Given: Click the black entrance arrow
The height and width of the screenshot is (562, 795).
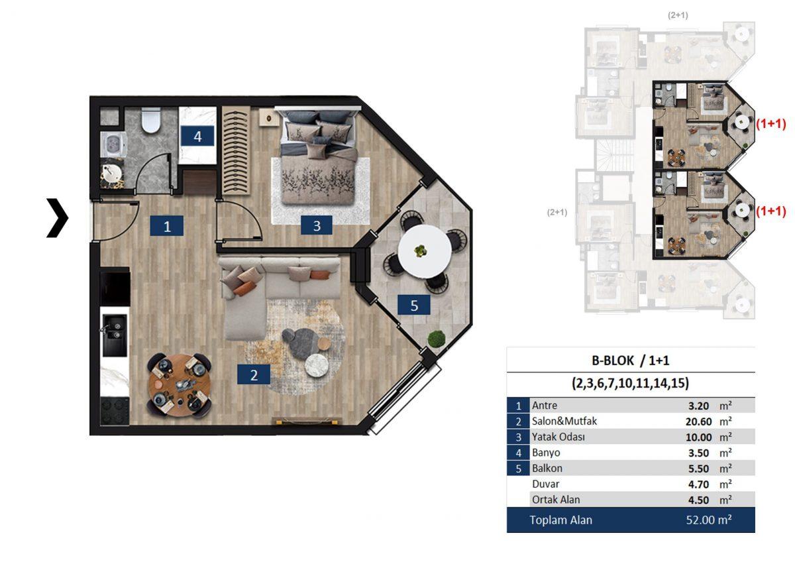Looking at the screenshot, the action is coord(58,217).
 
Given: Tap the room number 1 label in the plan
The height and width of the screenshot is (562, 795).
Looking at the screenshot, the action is coord(167,226).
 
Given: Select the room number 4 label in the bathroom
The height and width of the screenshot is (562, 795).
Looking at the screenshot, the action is coord(197,136).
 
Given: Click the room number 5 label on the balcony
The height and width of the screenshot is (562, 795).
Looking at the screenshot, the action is coord(414,305).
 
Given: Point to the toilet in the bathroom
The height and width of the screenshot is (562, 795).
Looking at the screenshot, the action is coord(151,120).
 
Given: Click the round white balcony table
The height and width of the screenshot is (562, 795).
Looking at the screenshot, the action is coord(425,251).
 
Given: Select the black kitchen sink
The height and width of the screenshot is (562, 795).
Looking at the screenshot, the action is coord(115,335).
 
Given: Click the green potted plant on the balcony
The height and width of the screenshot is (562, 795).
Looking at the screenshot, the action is coord(437,339).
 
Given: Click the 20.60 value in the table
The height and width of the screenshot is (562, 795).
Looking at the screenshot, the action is coord(698,421).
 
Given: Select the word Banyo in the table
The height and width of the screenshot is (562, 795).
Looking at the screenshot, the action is coord(546,453).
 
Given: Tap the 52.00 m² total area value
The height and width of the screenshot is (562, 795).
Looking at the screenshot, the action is coord(709,520).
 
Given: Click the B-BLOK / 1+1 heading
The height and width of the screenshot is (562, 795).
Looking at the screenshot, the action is coord(630,361).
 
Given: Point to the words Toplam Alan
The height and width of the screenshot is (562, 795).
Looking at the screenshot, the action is coord(560,520).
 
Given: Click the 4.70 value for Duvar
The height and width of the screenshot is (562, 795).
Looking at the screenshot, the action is coord(698,484).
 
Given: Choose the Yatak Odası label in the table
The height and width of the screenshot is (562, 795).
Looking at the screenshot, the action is coord(558,437).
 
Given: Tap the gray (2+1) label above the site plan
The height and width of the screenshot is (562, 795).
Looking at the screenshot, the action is coord(678,15).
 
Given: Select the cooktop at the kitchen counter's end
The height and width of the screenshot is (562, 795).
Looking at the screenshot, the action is coord(115,411).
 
